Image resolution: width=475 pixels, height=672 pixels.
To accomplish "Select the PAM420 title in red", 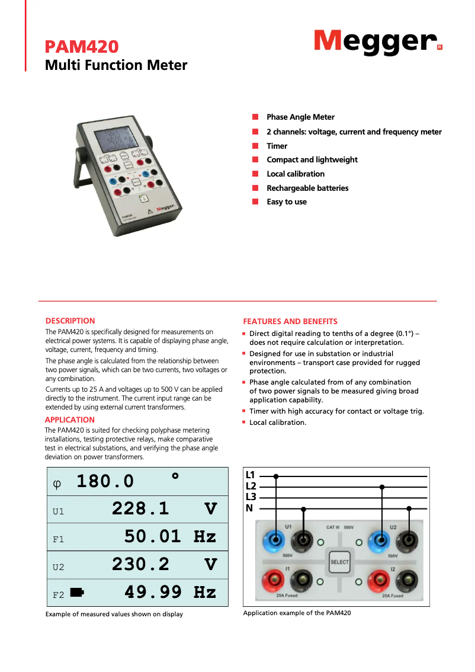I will point(82,47).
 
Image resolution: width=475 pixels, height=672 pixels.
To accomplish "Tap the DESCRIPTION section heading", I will point(70,321).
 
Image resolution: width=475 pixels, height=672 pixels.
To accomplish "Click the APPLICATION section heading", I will point(69,420).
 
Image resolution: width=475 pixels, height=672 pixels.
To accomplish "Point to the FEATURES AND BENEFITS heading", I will point(290,321).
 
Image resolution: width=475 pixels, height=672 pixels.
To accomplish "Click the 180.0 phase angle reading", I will point(105,481).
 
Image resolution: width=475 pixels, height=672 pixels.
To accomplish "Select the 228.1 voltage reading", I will point(140,508).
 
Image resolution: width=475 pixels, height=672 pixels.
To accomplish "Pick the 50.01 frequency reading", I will point(153,536).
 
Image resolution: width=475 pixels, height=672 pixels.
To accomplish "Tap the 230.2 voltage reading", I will point(140,564).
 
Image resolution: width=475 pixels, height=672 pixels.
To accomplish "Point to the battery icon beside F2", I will point(77,591).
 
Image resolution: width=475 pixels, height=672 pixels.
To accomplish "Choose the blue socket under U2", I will point(379,540).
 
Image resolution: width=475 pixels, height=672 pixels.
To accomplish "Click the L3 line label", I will point(251,497).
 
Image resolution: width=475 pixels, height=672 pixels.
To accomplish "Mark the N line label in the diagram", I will point(249,508).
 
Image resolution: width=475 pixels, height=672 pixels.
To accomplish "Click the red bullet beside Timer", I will point(255,146).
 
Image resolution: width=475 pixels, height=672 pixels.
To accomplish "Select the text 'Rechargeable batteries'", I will point(307,188).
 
